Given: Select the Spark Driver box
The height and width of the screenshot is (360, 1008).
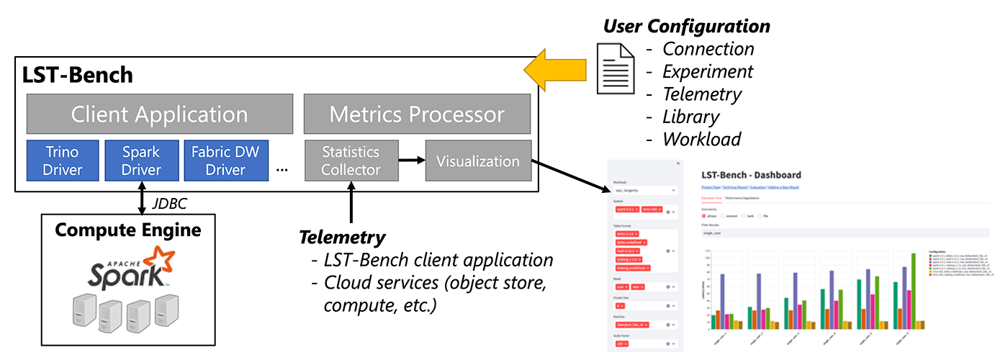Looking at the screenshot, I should pos(140,160).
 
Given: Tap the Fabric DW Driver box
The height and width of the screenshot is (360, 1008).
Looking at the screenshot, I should pos(225,160).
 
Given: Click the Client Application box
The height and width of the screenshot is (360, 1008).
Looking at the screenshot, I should pos(160,114).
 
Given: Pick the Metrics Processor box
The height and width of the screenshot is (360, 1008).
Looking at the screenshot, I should pos(417,114).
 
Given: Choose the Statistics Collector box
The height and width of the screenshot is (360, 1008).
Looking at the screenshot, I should pos(351,160).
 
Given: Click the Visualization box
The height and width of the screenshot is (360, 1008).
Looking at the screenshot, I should pos(478,161).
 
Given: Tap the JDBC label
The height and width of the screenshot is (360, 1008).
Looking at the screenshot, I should pos(171,204).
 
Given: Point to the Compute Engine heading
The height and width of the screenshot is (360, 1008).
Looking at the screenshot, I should pos(128,230).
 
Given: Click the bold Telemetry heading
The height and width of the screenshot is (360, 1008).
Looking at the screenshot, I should pos(342,237).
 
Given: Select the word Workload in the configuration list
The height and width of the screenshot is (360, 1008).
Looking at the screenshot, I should pos(701,139).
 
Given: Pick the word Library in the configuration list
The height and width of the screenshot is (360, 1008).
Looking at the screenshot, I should pos(691,116).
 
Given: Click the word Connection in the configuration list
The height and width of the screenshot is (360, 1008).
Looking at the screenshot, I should pos(708,49).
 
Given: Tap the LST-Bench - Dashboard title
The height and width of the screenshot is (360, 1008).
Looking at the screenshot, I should pos(751,175).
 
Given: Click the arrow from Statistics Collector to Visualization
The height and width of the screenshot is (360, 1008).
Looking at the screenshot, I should pos(412,160).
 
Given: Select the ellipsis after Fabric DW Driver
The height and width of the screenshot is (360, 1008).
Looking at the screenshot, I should pos(282,169).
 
